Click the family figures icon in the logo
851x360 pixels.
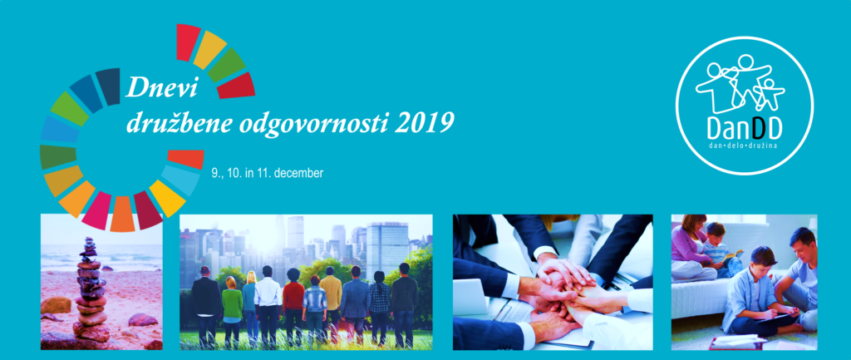pyautogui.click(x=740, y=82)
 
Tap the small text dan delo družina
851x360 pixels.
pyautogui.click(x=744, y=148)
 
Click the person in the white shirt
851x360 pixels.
pyautogui.click(x=268, y=305)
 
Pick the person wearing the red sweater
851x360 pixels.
pyautogui.click(x=293, y=306)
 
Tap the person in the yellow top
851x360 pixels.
pyautogui.click(x=330, y=304)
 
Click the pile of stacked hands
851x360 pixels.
pyautogui.click(x=564, y=293)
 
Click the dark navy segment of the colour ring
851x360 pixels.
pyautogui.click(x=108, y=86)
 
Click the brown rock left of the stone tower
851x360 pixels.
pyautogui.click(x=56, y=305)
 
